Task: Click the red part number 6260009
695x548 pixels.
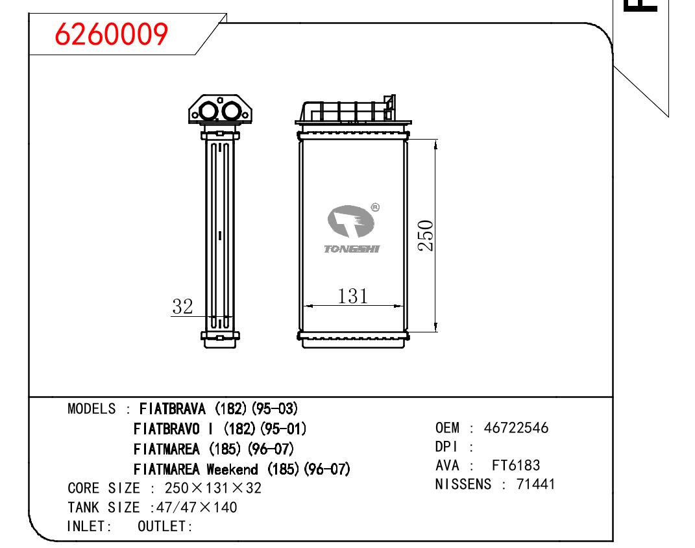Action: pos(111,34)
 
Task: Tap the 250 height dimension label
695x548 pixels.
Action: pos(426,236)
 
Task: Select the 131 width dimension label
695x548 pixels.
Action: pos(353,296)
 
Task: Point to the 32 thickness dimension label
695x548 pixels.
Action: pos(182,306)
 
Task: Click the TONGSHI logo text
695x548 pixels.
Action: pos(352,249)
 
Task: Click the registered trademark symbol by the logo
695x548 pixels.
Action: pos(375,207)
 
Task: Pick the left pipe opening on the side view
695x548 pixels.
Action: pos(208,111)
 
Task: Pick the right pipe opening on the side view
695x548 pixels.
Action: pos(231,111)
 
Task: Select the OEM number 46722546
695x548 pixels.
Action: pos(517,428)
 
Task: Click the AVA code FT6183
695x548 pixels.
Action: pos(516,465)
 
